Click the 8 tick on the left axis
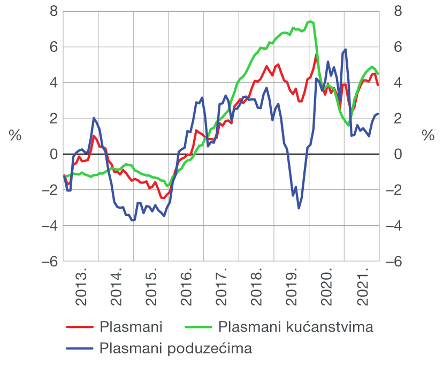click(x=54, y=11)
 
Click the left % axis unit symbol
click(x=15, y=136)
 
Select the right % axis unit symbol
click(x=428, y=136)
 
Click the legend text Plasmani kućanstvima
click(x=296, y=326)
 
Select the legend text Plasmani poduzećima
click(x=175, y=349)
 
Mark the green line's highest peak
click(x=310, y=21)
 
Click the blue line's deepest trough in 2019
click(x=299, y=208)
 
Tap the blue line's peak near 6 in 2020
click(x=346, y=50)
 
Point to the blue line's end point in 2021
click(x=378, y=113)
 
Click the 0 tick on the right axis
click(x=398, y=154)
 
